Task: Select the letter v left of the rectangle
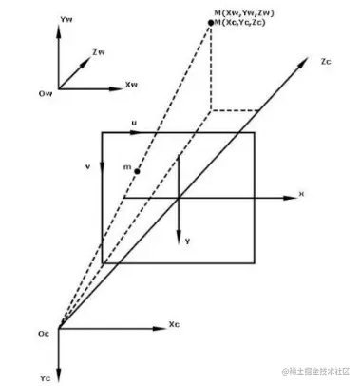point(88,164)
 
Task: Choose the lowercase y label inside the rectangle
point(188,241)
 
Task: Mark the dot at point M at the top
point(211,21)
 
